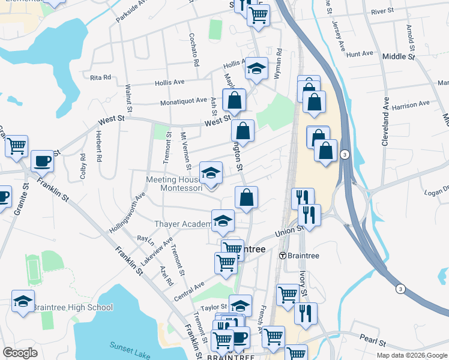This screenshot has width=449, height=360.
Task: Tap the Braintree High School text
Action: pyautogui.click(x=72, y=308)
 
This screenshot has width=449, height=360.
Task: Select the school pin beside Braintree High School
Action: pyautogui.click(x=23, y=302)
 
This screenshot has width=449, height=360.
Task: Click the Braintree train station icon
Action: pyautogui.click(x=282, y=254)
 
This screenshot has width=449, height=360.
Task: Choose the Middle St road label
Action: pyautogui.click(x=399, y=57)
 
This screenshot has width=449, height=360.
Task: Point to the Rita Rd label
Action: pyautogui.click(x=100, y=77)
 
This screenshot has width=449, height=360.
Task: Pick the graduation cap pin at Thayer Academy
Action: pyautogui.click(x=223, y=220)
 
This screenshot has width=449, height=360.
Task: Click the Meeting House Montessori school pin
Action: pyautogui.click(x=211, y=173)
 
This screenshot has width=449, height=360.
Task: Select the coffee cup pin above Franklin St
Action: pyautogui.click(x=42, y=161)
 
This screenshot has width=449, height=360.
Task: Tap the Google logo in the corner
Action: pyautogui.click(x=20, y=352)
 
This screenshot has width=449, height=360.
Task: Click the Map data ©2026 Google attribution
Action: pyautogui.click(x=411, y=355)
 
